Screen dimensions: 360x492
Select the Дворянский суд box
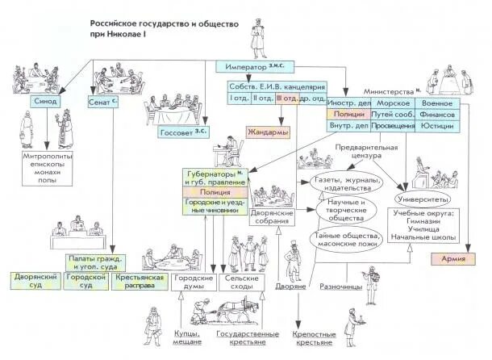(33, 283)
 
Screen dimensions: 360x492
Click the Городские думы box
(193, 283)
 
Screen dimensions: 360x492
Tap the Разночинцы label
(342, 287)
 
